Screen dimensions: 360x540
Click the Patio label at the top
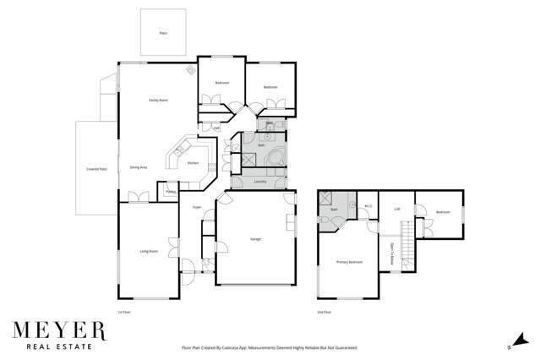pos(163,33)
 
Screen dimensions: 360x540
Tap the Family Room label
pos(158,101)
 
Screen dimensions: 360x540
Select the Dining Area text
pos(139,167)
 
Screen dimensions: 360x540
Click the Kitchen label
pos(193,163)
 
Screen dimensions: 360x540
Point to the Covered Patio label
pos(96,169)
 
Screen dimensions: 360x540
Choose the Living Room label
pos(149,251)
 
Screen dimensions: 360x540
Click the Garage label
pos(255,239)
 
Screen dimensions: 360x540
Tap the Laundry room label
pos(260,182)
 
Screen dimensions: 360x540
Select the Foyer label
pos(196,206)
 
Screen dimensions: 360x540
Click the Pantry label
pos(170,192)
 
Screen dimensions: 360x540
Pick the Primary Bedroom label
pos(349,262)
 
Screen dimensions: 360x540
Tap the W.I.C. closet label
pos(368,206)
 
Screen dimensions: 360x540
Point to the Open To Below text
pos(392,254)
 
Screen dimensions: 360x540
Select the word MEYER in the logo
pos(59,328)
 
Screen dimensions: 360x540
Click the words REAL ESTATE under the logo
pos(59,346)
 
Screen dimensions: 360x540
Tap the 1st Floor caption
pos(124,312)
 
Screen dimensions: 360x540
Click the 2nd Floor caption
pos(324,312)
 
